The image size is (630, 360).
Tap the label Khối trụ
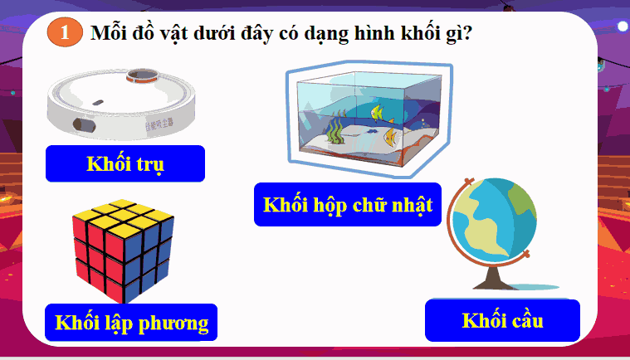[x=125, y=163]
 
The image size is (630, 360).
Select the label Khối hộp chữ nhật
[x=348, y=205]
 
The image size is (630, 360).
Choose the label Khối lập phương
[x=131, y=321]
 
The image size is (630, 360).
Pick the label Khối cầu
[x=502, y=321]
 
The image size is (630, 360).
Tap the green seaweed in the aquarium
[x=334, y=132]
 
